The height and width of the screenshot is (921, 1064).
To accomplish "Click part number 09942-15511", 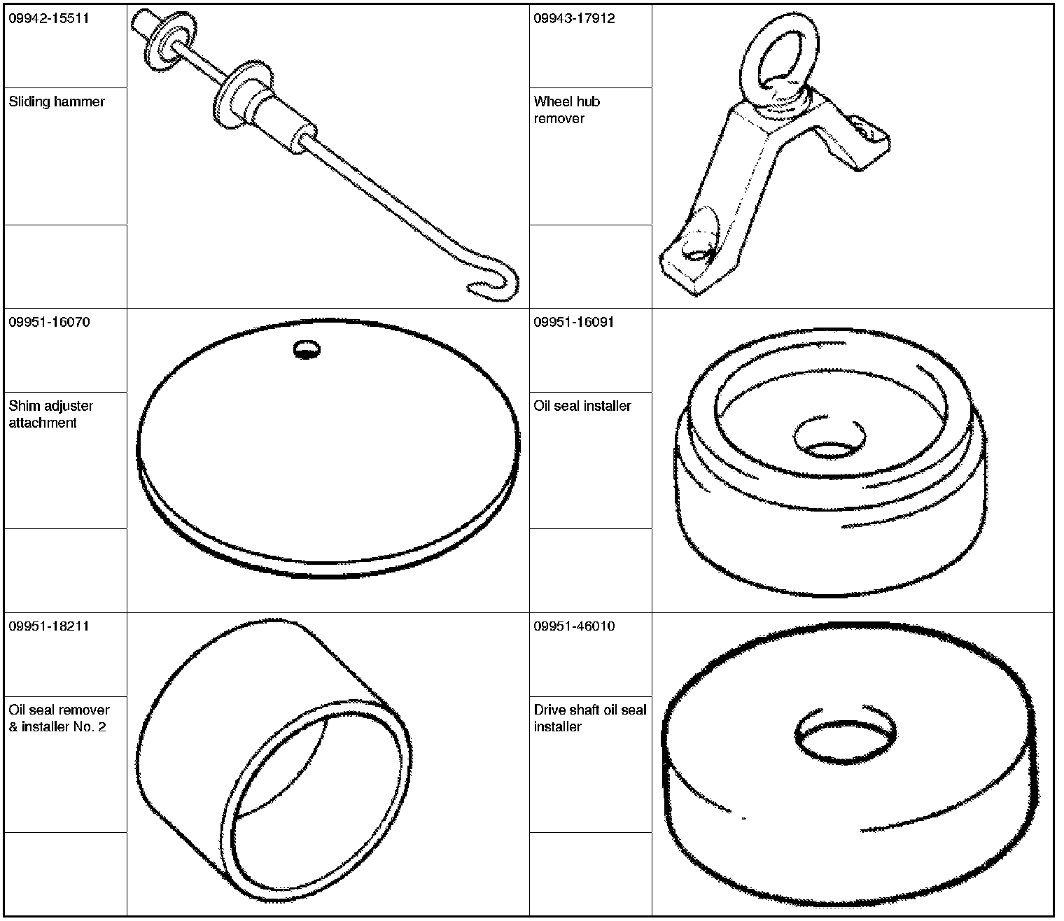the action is click(49, 18).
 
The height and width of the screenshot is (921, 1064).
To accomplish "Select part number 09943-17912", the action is click(574, 18).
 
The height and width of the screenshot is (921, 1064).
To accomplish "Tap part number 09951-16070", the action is click(50, 322).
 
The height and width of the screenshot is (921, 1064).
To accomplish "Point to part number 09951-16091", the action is click(574, 322).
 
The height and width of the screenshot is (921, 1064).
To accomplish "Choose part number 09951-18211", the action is click(49, 626).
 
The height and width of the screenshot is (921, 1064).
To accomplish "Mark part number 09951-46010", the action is click(574, 626).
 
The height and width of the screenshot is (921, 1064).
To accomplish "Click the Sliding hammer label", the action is click(57, 102).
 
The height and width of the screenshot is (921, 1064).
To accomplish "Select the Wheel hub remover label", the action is click(567, 110).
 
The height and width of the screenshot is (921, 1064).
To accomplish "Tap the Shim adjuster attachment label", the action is click(50, 414).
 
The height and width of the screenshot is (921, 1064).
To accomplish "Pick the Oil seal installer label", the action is click(582, 406).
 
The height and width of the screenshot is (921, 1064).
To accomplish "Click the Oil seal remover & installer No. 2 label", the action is click(59, 718).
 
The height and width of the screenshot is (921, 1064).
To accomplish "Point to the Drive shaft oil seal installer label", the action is click(590, 718).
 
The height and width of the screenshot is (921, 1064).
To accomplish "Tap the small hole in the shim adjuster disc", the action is click(307, 350).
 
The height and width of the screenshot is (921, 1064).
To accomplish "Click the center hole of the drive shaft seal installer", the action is click(845, 732).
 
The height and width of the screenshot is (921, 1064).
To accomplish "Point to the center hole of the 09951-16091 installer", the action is click(829, 437).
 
